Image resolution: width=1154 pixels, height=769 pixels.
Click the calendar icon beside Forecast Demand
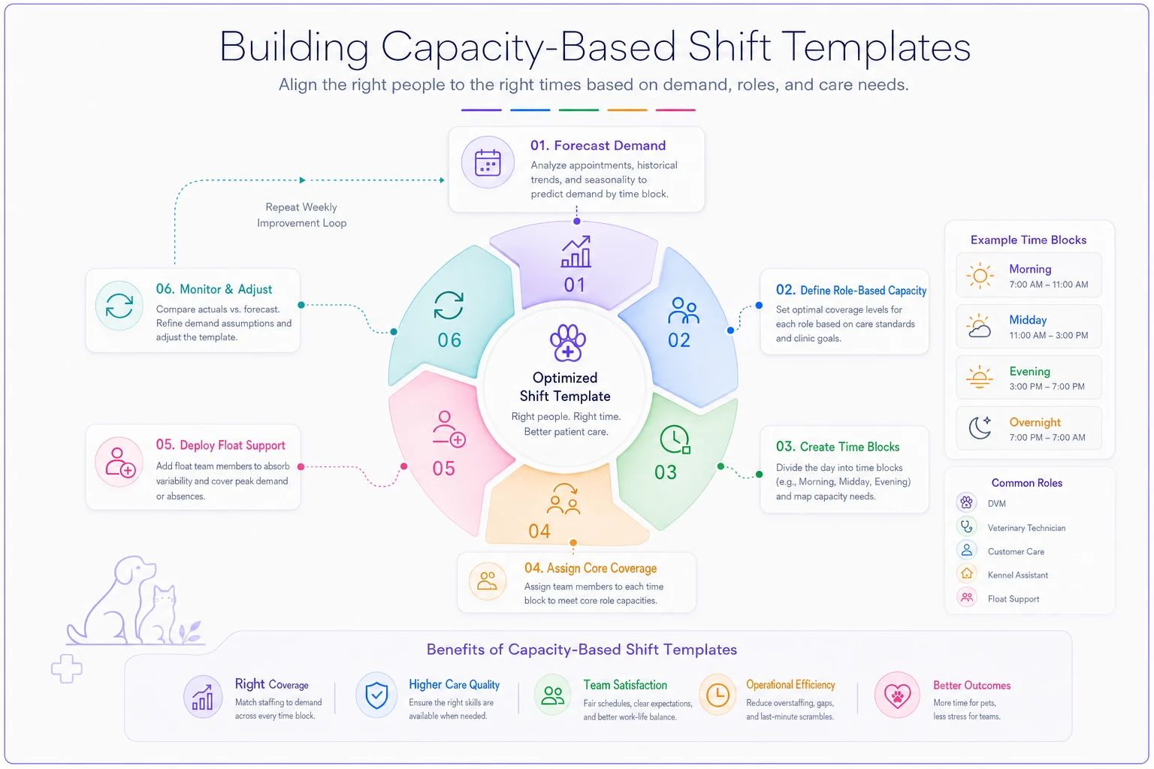point(488,163)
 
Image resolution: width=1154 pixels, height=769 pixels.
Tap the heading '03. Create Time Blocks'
point(838,447)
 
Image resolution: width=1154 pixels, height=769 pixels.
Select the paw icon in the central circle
point(567,342)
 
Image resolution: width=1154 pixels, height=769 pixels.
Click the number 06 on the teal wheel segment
point(449,340)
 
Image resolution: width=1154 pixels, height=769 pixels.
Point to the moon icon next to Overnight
point(980,427)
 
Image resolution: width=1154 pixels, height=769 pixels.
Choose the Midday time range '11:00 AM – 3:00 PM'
point(1048,335)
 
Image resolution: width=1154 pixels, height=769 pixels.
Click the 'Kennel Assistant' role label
point(1017,574)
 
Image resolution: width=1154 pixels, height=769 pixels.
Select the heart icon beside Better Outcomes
point(897,695)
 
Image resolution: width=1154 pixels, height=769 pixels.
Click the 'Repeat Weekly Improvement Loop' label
point(301,215)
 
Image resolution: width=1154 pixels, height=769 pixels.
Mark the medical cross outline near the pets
point(66,668)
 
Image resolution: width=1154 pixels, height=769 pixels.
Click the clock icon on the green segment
point(675,439)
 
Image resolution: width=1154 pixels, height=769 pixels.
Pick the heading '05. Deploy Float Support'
point(220,445)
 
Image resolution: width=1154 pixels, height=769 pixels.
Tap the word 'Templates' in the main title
point(878,47)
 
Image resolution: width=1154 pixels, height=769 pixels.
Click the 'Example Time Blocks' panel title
point(1029,240)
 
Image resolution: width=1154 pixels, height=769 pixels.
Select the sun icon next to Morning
point(980,276)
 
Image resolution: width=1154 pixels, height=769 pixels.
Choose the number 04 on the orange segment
point(539,531)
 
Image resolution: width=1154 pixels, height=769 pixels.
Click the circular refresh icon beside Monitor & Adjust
point(119,306)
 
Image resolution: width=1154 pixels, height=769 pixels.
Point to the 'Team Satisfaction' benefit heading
point(625,685)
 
